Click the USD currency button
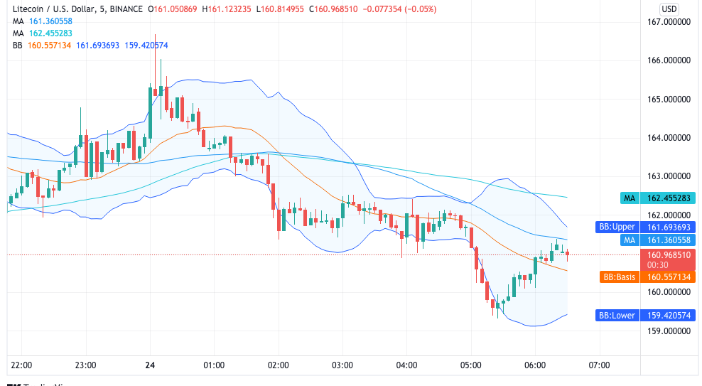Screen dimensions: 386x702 coord(669,9)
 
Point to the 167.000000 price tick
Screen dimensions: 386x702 coord(670,22)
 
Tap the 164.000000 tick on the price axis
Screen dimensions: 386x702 coord(670,138)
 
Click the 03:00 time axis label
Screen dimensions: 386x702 coord(342,365)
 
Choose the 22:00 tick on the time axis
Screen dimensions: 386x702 coord(22,365)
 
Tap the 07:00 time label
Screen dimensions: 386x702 coord(600,365)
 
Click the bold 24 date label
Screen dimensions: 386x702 coord(150,365)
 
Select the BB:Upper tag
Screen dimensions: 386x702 coord(616,227)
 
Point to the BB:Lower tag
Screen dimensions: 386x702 coord(616,315)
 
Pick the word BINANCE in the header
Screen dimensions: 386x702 coord(125,9)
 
